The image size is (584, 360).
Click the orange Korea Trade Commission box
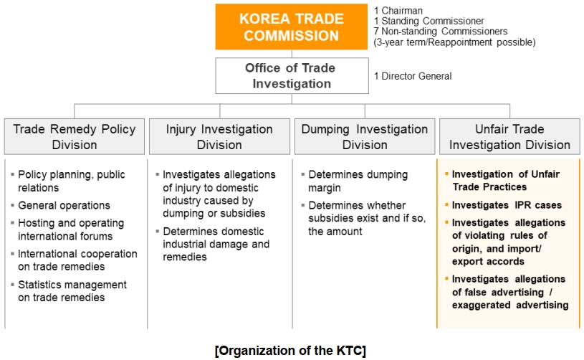click(291, 27)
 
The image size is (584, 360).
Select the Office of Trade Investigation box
click(292, 75)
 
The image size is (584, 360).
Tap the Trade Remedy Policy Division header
click(75, 136)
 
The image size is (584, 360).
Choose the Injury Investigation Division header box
click(219, 136)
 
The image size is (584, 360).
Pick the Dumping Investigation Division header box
click(365, 136)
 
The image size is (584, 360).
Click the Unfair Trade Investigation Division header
click(509, 136)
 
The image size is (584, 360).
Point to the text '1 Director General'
click(413, 76)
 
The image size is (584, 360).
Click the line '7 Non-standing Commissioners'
click(441, 32)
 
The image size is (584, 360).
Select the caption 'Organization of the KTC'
click(290, 351)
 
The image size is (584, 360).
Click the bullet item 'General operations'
click(64, 205)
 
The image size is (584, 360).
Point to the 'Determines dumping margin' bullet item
click(358, 181)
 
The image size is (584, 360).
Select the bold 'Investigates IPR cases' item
click(507, 205)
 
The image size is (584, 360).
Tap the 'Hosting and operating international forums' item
click(71, 229)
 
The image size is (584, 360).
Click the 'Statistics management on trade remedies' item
click(72, 291)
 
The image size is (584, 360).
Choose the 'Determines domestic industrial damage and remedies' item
click(216, 244)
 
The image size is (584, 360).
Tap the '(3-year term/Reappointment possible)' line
click(455, 42)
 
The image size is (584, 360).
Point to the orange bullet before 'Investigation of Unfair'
click(446, 174)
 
